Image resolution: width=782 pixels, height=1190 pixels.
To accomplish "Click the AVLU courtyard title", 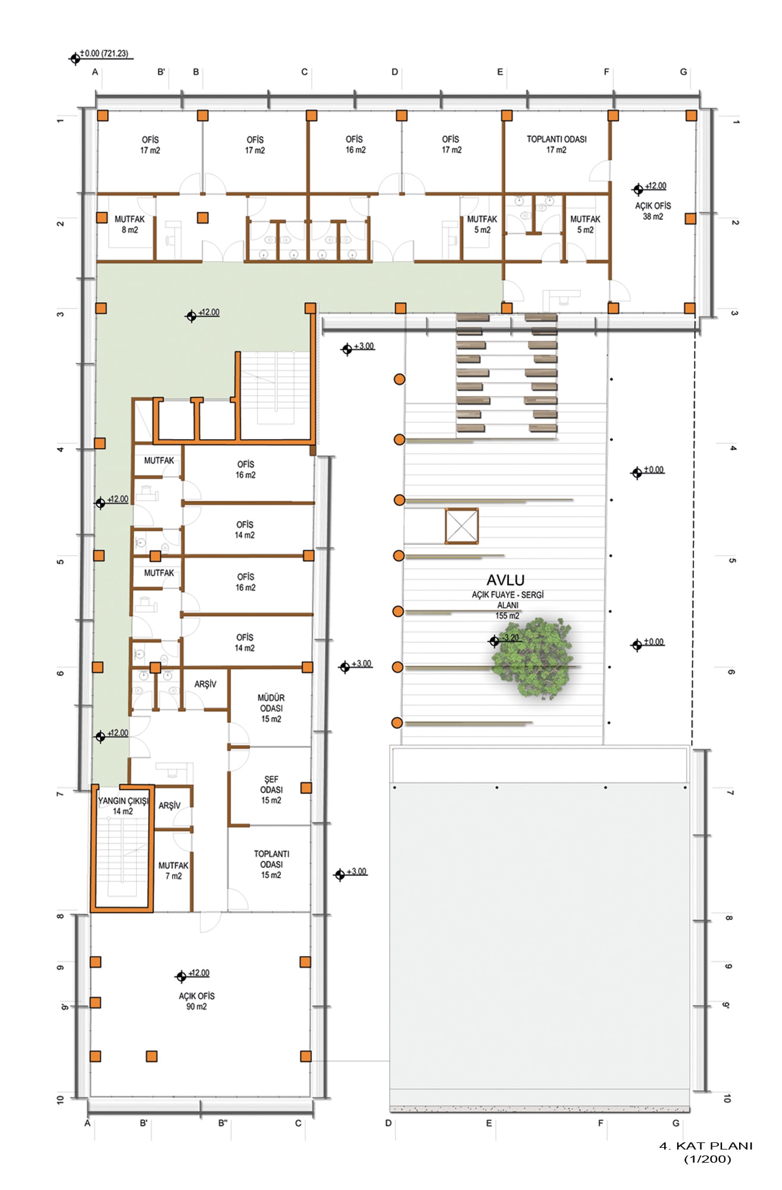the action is (505, 580).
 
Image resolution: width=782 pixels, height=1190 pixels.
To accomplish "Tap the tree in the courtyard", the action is (532, 658).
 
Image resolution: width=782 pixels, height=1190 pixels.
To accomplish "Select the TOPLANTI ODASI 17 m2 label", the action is (556, 145).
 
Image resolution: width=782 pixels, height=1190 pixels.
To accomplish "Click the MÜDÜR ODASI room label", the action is (271, 708).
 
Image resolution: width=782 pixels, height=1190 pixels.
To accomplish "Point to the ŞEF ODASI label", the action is (271, 790).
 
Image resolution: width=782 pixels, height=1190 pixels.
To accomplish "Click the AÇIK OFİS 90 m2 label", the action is (196, 1001).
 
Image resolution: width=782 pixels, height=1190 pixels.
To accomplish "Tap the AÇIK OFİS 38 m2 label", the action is (653, 211).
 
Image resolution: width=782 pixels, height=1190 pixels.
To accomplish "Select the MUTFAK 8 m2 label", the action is (130, 224).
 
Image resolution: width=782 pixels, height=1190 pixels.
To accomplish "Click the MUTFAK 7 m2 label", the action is (173, 870).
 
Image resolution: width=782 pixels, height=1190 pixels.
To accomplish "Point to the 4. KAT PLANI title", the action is (706, 1146).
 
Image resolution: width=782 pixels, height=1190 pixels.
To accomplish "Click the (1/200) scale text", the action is (707, 1159).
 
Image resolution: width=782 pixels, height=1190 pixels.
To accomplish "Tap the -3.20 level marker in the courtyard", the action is (505, 640).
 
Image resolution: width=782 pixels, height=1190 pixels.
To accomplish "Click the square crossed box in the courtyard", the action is (462, 526).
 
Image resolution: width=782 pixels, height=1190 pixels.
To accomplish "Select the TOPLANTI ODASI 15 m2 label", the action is (271, 864).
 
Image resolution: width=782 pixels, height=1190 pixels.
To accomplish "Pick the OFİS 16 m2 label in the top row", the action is (355, 145).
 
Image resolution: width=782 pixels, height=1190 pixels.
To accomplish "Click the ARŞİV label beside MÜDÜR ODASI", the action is (205, 684).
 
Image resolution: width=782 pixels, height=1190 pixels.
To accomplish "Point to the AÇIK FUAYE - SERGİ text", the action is (508, 595).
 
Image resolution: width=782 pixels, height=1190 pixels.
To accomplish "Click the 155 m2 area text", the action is (508, 616).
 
